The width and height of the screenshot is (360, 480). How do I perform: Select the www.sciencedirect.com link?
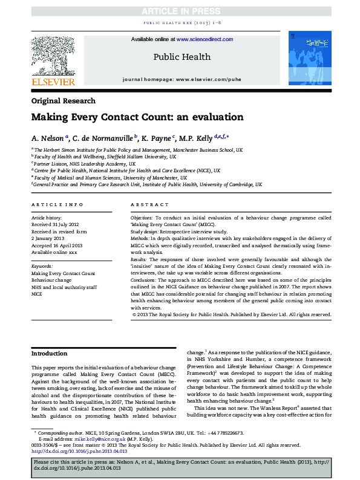(205, 39)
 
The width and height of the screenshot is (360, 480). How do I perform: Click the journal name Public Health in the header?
(182, 57)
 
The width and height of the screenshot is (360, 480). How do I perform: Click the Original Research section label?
(63, 101)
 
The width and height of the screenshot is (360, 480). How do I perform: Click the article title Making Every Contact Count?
(146, 117)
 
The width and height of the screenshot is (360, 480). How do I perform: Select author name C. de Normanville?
(105, 138)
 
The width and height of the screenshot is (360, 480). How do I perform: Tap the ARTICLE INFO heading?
(57, 206)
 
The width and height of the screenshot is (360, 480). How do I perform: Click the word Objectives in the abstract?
(142, 216)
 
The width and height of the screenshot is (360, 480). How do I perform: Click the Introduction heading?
(50, 353)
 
